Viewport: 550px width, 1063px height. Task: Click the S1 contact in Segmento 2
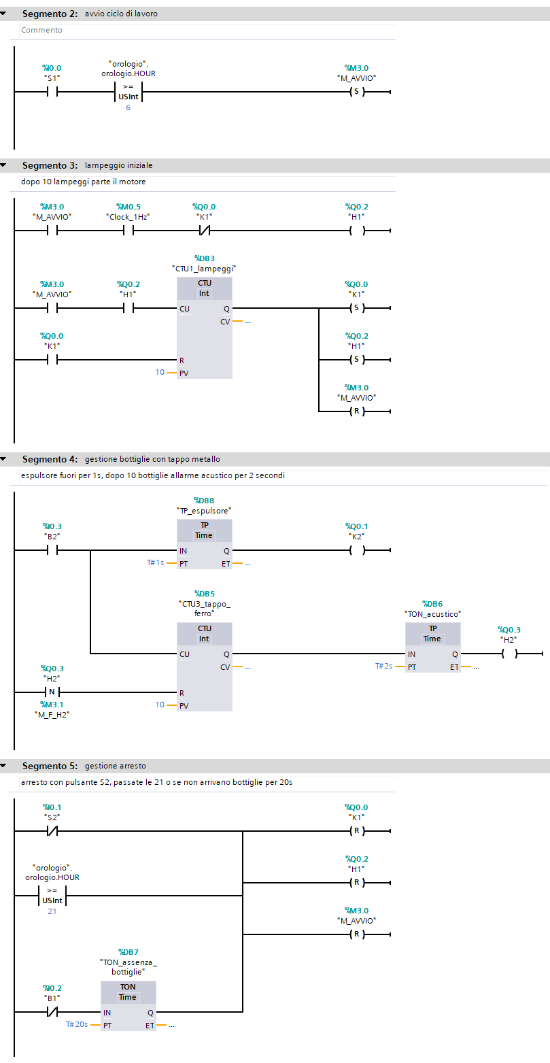(52, 92)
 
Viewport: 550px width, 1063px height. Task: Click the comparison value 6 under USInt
(128, 108)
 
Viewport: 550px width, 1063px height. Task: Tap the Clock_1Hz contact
(128, 231)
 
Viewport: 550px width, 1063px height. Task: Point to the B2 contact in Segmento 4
(52, 550)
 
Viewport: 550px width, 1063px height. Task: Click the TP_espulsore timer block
(204, 544)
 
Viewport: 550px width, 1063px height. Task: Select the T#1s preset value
(155, 564)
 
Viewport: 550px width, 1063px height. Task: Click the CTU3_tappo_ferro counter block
(204, 667)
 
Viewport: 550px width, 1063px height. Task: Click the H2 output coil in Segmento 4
(509, 654)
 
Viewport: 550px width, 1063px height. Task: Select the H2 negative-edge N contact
(52, 692)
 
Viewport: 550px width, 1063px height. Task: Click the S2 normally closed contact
(52, 831)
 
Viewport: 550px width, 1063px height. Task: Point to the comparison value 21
(52, 911)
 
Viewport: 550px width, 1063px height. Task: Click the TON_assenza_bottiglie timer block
(128, 1005)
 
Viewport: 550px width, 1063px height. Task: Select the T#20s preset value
(77, 1024)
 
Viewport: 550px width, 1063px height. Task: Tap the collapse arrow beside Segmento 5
(4, 766)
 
